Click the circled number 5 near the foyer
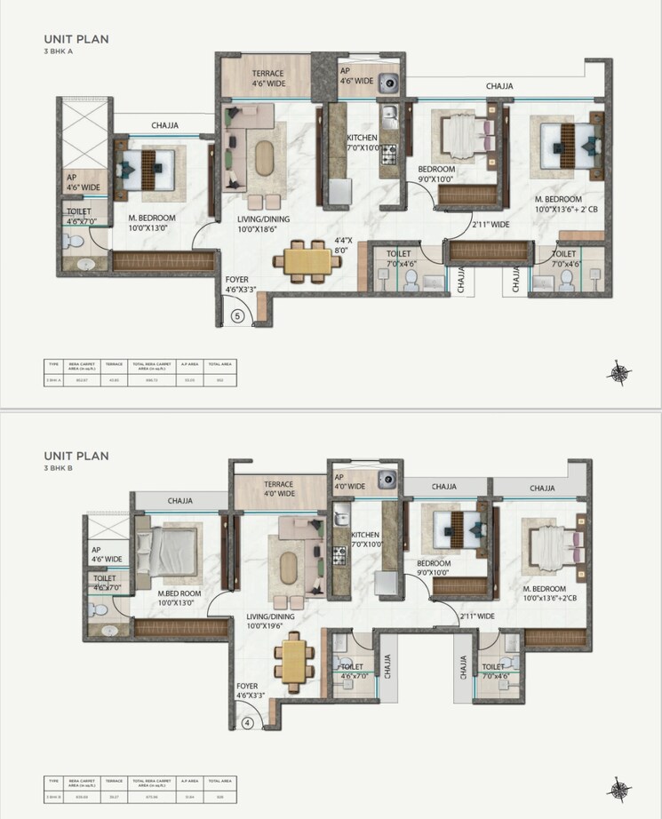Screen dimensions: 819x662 237,314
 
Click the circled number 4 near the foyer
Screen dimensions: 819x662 248,722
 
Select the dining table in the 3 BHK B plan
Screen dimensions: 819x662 293,660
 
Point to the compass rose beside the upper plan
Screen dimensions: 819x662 618,373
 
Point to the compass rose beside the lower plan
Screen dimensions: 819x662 618,788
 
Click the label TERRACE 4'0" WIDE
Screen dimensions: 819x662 280,491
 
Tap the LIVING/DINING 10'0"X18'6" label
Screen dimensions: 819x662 263,224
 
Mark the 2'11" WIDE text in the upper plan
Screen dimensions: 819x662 489,225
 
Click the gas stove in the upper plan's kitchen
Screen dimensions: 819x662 388,156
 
